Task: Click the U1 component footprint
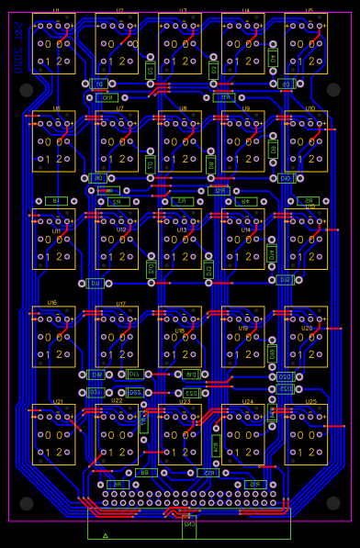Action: tap(53, 43)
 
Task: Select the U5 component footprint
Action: tap(306, 43)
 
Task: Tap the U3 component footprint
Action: tap(180, 43)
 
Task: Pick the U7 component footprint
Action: tap(117, 141)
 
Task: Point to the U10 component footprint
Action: tap(306, 141)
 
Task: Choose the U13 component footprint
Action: tap(180, 239)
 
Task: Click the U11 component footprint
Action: tap(53, 239)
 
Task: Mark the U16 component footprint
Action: tap(53, 337)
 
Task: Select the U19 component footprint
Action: tap(242, 337)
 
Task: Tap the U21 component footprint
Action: tap(53, 434)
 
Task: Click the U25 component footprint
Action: tap(306, 434)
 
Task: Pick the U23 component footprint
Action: tap(180, 434)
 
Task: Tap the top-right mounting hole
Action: tap(332, 90)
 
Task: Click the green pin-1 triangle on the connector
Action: tap(106, 534)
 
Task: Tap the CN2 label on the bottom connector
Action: tap(189, 525)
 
